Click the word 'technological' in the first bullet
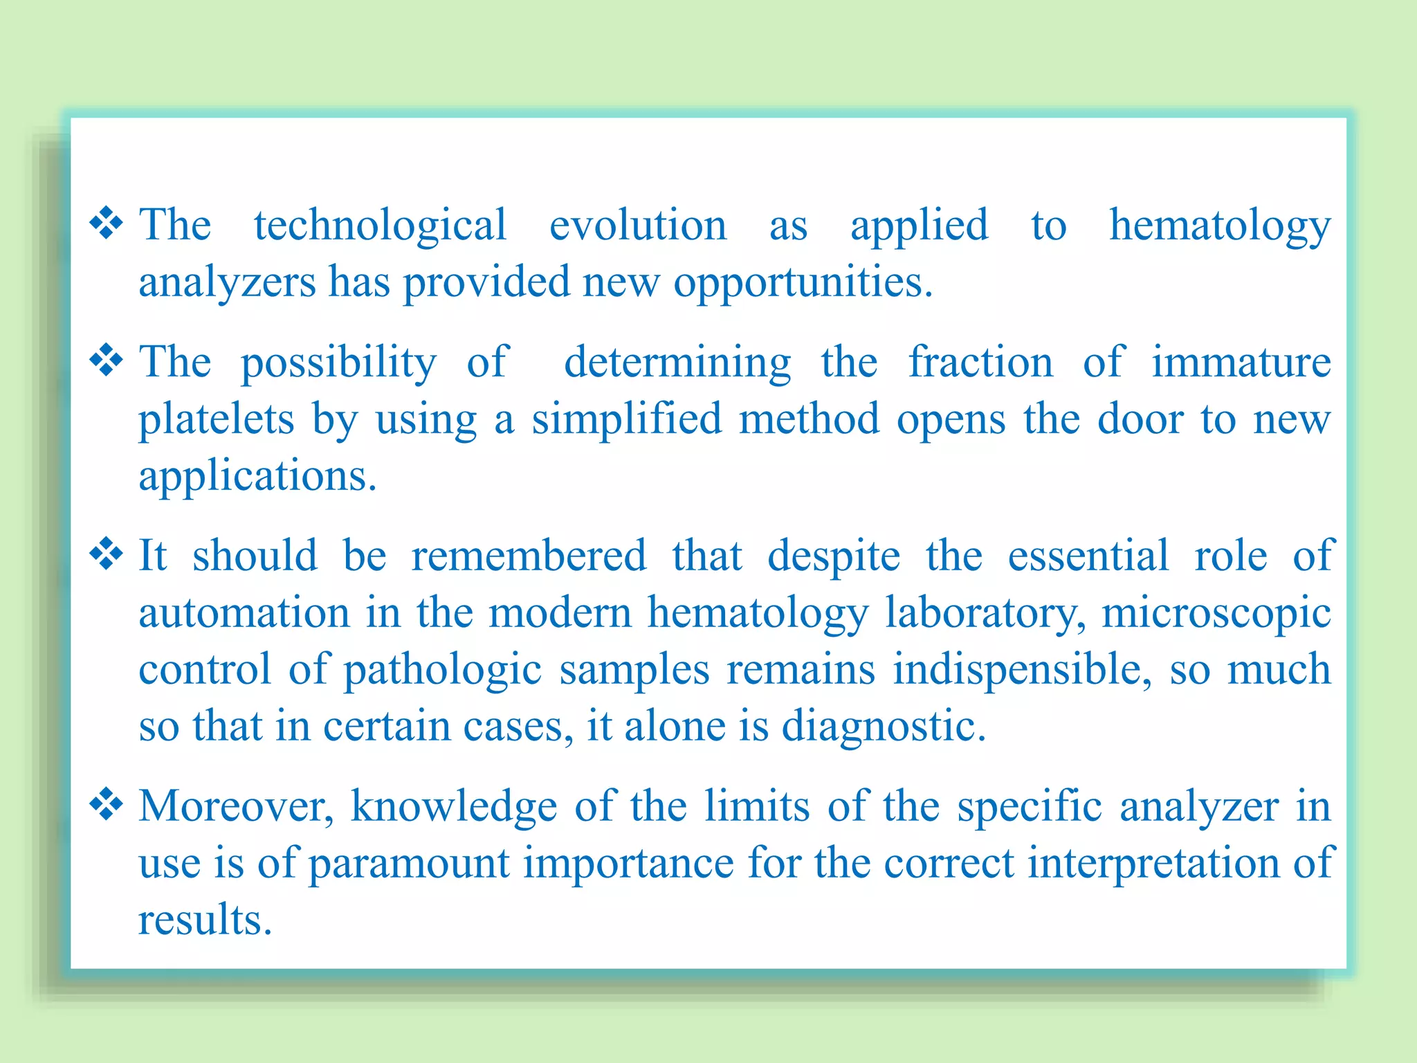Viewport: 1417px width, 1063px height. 380,226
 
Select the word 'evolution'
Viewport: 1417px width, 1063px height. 637,226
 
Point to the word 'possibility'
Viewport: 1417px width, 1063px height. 338,363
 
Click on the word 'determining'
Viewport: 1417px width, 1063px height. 677,363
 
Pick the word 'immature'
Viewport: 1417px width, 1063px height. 1241,362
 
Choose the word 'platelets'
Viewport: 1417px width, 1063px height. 217,420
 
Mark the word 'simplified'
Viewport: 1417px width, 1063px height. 626,419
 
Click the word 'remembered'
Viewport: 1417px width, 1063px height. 529,556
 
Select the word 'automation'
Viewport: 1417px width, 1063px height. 244,614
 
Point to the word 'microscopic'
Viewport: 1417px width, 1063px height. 1216,614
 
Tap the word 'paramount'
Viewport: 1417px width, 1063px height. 408,864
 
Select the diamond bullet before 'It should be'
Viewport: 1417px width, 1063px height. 107,554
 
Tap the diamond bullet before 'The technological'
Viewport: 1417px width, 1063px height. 107,223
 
